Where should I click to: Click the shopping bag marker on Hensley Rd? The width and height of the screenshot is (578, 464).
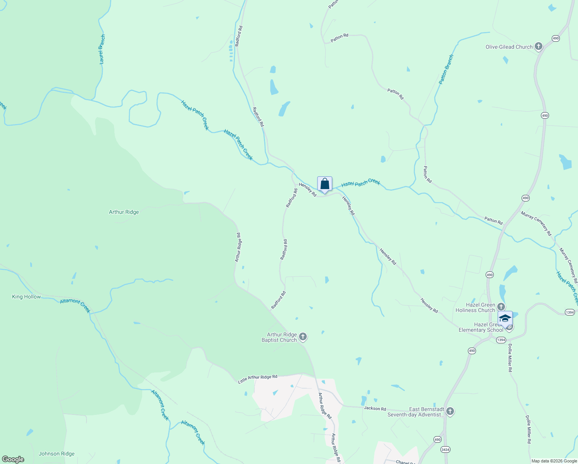coord(325,184)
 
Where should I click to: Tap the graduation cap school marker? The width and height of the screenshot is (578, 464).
coord(505,319)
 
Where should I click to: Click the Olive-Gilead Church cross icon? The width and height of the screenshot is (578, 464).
coord(538,47)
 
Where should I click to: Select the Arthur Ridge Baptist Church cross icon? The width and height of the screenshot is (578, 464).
coord(303,337)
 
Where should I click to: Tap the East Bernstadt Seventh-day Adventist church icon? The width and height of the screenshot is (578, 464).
coord(450,411)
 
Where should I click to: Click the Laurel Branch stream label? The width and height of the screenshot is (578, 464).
coord(102,49)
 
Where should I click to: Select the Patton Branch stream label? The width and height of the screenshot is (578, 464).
coord(446,70)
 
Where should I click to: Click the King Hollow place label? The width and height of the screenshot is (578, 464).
coord(26,297)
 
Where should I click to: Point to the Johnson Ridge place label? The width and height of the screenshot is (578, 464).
coord(56,454)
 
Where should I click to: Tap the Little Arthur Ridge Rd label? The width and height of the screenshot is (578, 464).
coord(258,379)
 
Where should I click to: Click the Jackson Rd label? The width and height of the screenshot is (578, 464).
coord(375,408)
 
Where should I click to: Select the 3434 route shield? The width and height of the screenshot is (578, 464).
coord(445,449)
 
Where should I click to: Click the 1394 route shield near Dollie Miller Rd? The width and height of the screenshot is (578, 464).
coord(501,340)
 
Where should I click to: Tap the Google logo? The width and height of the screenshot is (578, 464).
coord(13,459)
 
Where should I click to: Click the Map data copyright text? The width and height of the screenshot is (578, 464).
coord(554,461)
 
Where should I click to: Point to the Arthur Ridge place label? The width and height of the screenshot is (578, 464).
coord(124,212)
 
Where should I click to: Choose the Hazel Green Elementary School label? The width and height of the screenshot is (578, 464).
coord(481,328)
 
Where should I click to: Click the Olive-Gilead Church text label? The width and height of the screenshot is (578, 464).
coord(509,47)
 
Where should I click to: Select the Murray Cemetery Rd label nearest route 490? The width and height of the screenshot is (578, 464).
coord(536,223)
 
